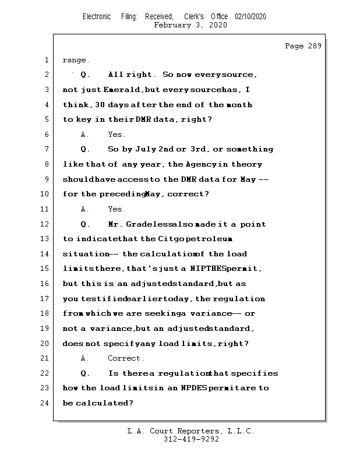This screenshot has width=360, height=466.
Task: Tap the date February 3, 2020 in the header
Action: coord(190,25)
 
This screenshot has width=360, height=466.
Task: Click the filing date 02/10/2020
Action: coord(250,16)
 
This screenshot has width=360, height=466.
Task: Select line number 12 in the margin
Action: coord(45,224)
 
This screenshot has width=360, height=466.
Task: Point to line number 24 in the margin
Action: coord(45,403)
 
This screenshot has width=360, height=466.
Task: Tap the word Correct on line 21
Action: coord(125,358)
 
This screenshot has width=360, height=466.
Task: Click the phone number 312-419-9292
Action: coord(191,440)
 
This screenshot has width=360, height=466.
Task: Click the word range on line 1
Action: coord(75,61)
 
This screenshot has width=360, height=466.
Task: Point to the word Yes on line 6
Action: coord(116,135)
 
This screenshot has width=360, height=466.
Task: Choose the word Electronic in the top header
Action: coord(97,16)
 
